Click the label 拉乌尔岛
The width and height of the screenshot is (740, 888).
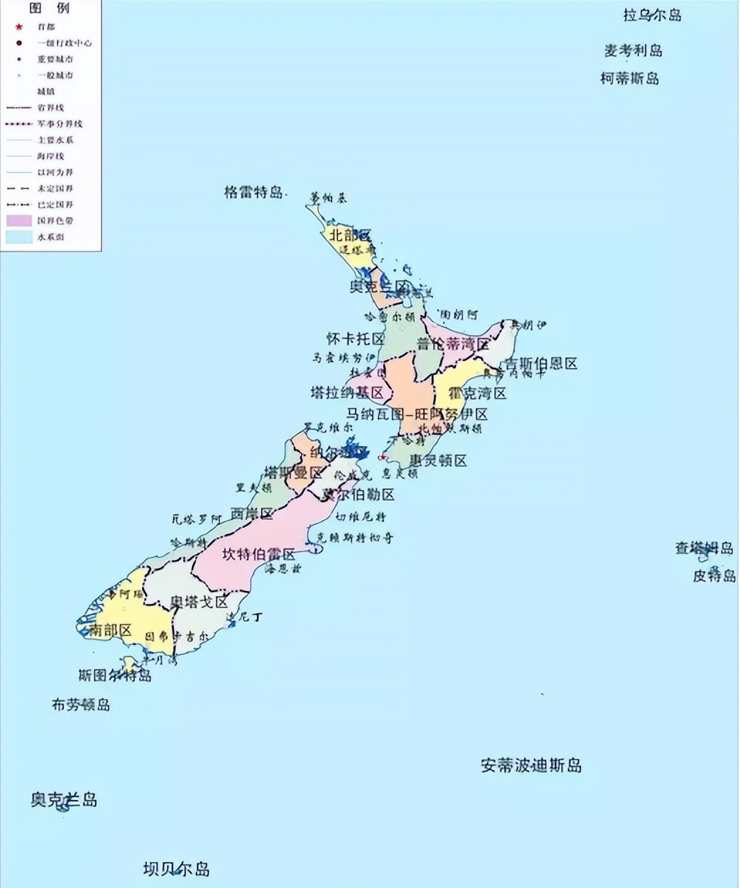(x=652, y=15)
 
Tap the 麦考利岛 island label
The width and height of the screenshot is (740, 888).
(x=633, y=50)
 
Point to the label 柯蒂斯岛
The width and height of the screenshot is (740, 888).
(x=629, y=78)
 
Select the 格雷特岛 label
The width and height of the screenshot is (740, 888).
(x=254, y=192)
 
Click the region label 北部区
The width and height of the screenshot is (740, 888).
(x=349, y=235)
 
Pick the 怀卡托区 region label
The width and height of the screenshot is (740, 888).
(x=355, y=339)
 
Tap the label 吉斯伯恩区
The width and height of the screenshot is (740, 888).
(x=540, y=364)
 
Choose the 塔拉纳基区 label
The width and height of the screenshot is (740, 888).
(x=347, y=392)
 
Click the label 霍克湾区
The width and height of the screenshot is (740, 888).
(x=477, y=393)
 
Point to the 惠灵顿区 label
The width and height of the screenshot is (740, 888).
(x=437, y=460)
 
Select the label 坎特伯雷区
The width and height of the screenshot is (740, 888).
(x=258, y=554)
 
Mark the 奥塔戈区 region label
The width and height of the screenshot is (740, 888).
(x=200, y=602)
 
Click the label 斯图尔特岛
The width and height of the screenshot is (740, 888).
(x=115, y=675)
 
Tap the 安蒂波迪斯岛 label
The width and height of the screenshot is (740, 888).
(x=531, y=765)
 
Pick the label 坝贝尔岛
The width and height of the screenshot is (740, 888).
(x=176, y=869)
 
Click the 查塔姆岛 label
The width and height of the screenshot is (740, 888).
(x=704, y=548)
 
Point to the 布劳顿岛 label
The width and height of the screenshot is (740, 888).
(x=81, y=705)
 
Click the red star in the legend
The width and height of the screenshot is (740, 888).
(x=19, y=27)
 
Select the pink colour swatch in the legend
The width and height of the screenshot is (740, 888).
(x=19, y=221)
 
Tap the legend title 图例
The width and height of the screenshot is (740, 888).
(x=49, y=9)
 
